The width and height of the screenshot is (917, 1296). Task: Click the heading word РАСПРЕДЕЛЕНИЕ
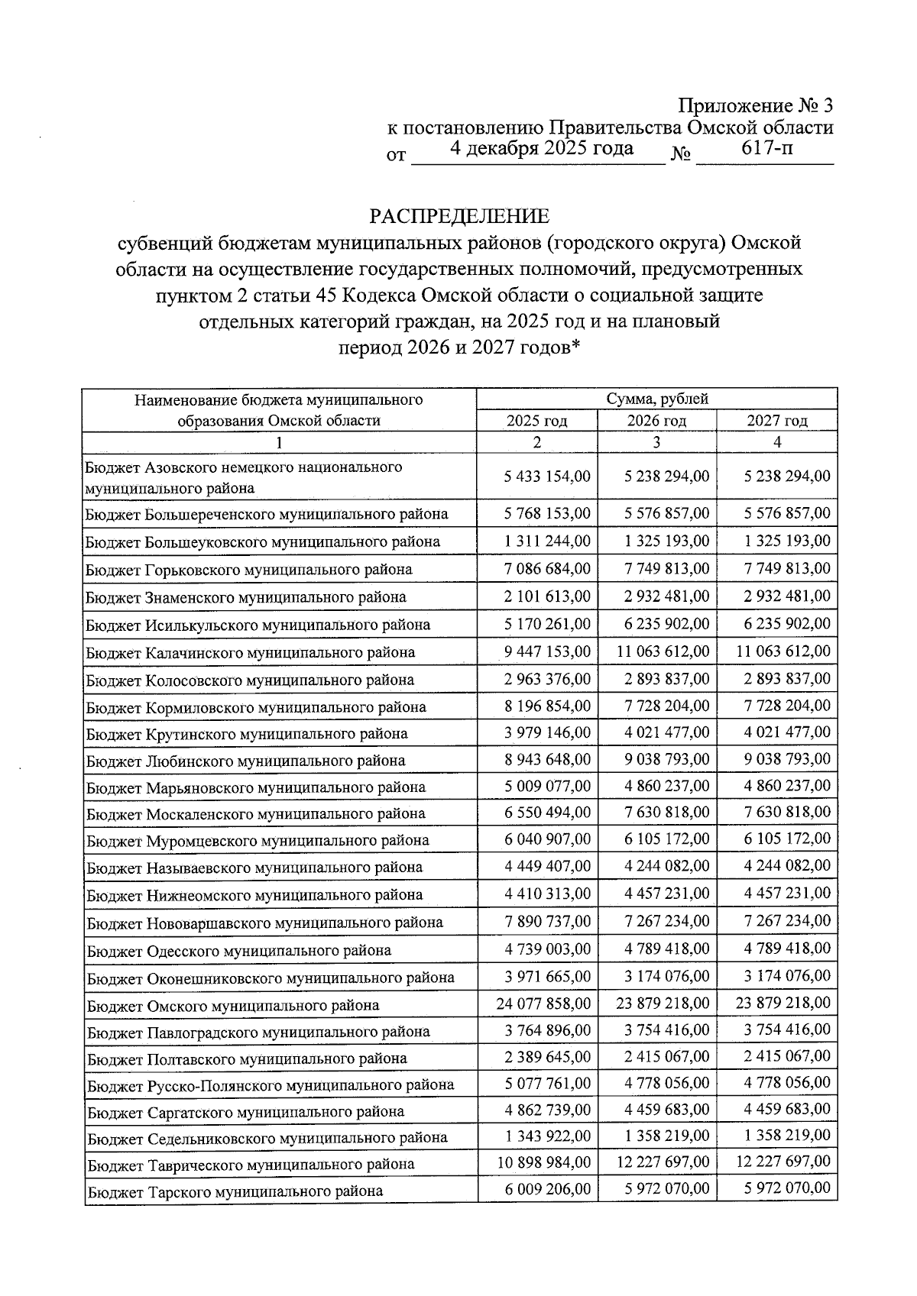459,216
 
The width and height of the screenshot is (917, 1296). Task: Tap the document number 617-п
767,148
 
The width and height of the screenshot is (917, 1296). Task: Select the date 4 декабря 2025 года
542,148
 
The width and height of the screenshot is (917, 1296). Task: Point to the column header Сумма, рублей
656,399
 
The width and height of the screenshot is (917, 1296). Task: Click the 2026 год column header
656,421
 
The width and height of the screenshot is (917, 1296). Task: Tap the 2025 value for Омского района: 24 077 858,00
543,1004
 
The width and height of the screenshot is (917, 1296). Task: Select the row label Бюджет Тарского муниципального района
235,1191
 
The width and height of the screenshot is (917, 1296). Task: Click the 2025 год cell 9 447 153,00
547,651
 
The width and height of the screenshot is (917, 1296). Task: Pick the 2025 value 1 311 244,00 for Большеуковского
547,541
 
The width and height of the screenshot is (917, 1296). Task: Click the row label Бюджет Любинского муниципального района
245,761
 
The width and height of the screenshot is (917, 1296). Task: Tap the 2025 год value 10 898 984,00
543,1162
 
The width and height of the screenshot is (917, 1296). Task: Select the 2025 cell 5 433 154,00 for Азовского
547,477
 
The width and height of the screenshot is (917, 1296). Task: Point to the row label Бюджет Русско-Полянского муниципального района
270,1085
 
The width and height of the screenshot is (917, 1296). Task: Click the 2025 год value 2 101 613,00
547,596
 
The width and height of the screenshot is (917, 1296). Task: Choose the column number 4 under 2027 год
777,442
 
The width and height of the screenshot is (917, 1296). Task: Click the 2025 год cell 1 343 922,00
547,1136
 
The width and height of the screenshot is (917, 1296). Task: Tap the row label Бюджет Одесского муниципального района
238,951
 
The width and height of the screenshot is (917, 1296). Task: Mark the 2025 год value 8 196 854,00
547,706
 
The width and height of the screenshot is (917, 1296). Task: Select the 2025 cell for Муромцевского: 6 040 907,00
547,839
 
